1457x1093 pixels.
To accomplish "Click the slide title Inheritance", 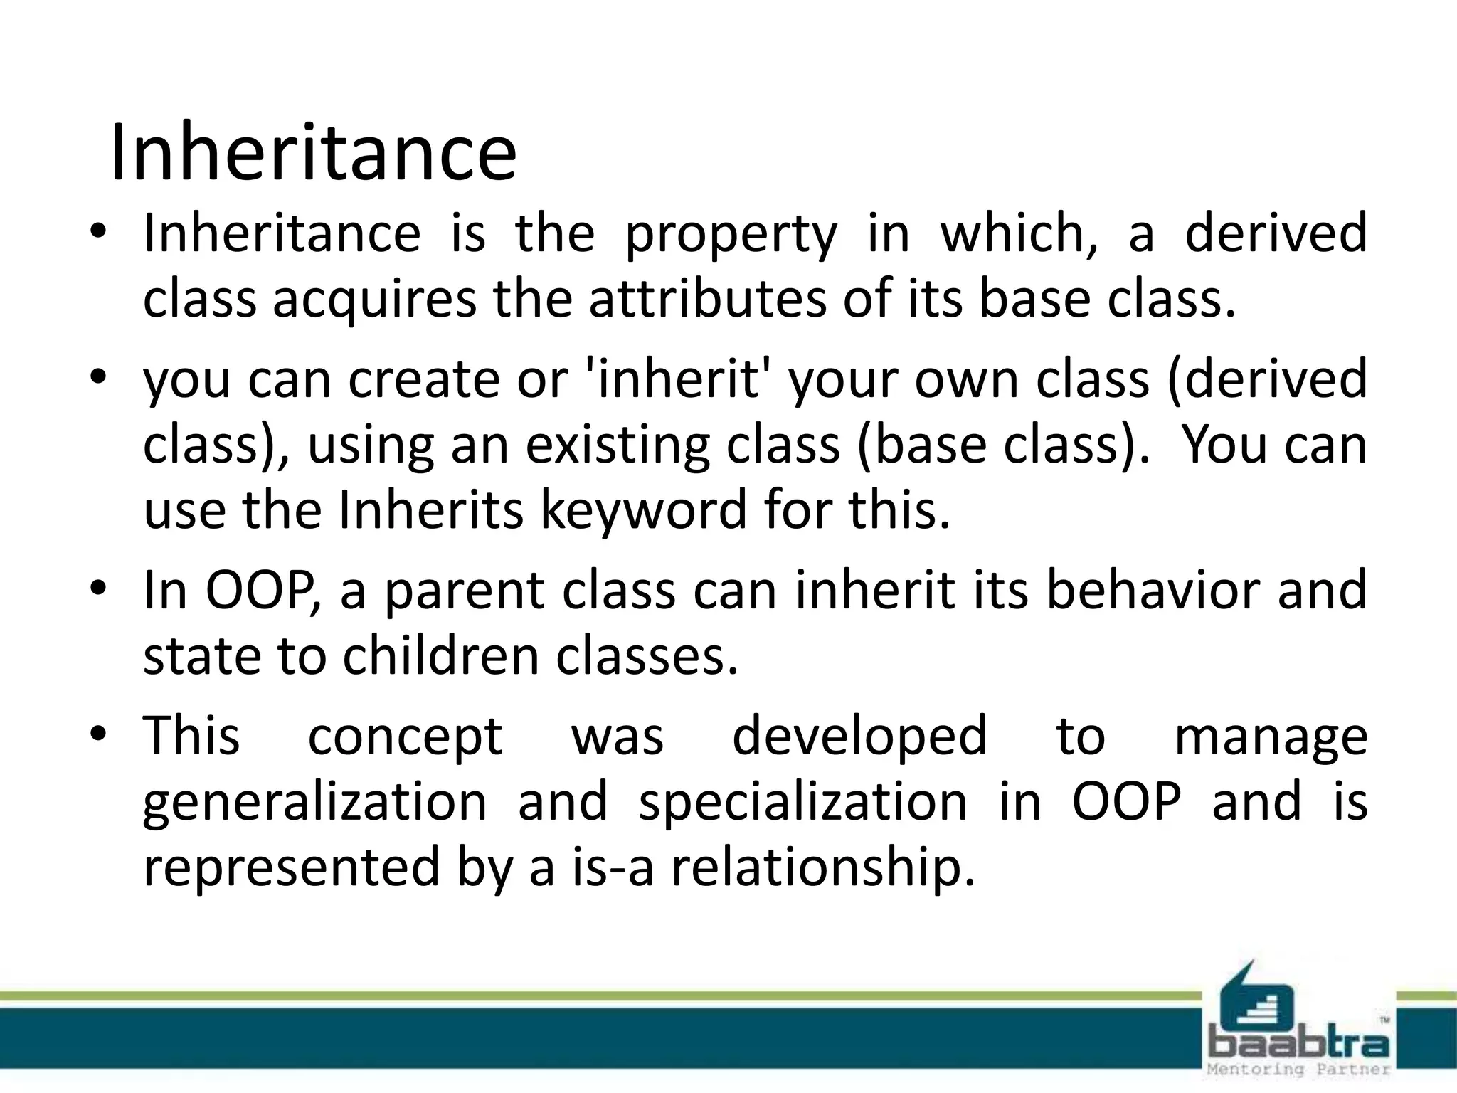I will pyautogui.click(x=313, y=153).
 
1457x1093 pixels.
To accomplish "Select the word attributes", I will pyautogui.click(x=707, y=299).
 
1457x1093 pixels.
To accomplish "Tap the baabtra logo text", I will pyautogui.click(x=1298, y=1045).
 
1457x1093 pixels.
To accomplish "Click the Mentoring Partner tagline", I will pyautogui.click(x=1298, y=1070).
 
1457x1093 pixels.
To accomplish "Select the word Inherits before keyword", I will pyautogui.click(x=430, y=509).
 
